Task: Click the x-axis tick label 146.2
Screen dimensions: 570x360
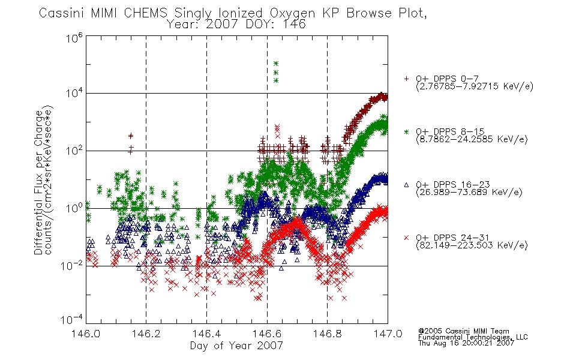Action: coord(146,334)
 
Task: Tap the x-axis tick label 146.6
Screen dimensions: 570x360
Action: coord(267,334)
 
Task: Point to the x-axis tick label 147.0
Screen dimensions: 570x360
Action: coord(388,334)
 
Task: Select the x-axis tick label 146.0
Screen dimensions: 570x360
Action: coord(86,334)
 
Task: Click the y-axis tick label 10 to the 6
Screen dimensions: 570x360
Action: coord(74,37)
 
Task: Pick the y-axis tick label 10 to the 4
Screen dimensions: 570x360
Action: coord(74,93)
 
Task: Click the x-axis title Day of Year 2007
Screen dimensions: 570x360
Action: coord(236,346)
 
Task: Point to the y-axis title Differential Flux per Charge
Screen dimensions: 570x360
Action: coord(38,182)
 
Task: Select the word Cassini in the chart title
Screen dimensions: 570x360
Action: coord(62,13)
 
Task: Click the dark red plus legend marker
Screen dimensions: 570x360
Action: coord(406,79)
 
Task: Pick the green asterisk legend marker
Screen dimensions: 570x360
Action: coord(406,131)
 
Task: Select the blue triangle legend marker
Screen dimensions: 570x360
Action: coord(406,185)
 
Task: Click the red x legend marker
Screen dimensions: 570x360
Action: coord(406,238)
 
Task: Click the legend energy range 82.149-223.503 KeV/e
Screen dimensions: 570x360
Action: coord(472,245)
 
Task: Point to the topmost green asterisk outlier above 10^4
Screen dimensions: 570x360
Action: coord(276,64)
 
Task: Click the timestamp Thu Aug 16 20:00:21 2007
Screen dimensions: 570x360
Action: coord(466,343)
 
